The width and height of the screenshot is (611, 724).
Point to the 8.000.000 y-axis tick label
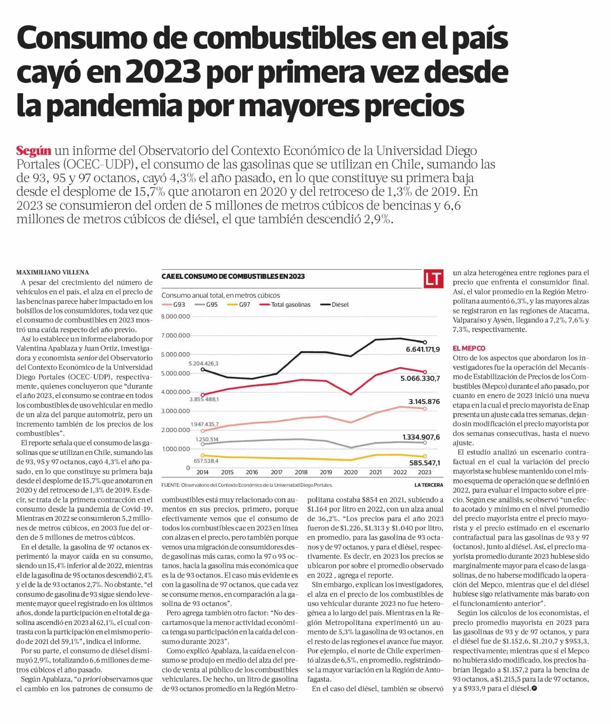click(x=176, y=316)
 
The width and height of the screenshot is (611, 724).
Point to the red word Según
click(x=34, y=151)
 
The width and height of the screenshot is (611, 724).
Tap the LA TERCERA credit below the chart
click(x=429, y=485)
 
